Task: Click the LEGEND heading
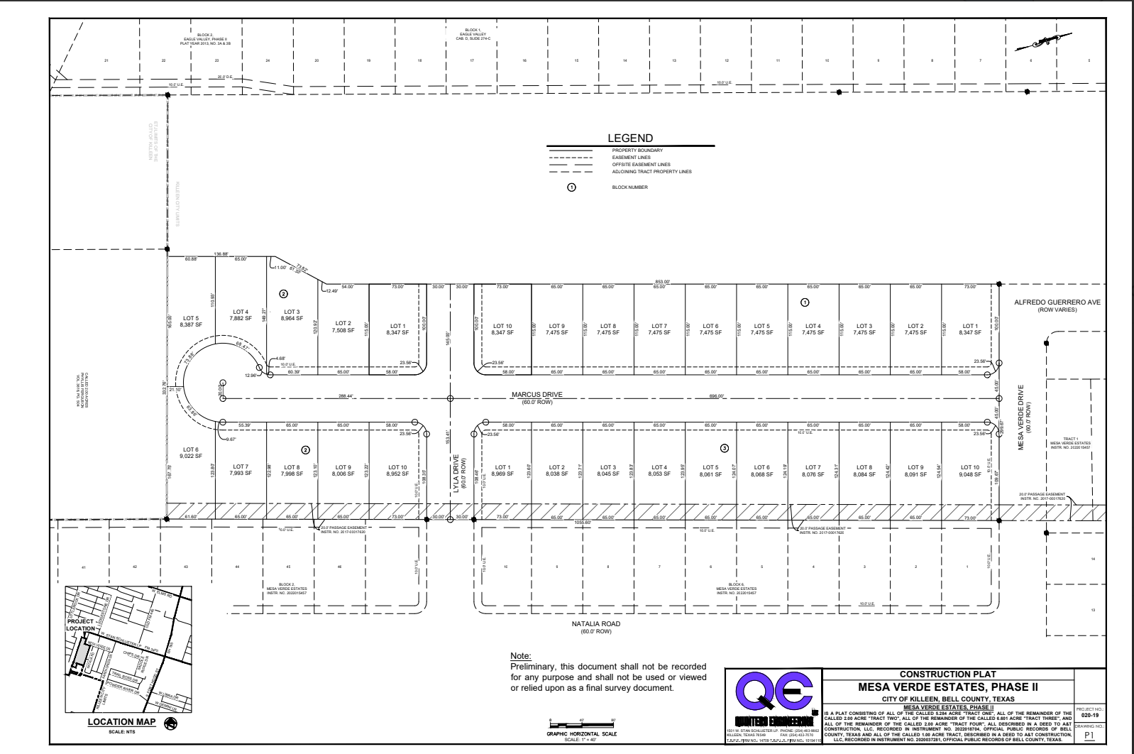[x=629, y=138]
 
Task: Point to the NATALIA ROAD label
[x=596, y=624]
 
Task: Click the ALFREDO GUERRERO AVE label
[x=1057, y=302]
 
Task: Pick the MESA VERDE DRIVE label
[x=1022, y=418]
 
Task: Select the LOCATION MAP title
[x=117, y=722]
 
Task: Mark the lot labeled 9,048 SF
[x=969, y=471]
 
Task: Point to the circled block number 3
[x=724, y=448]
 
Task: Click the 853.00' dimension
[x=665, y=283]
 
